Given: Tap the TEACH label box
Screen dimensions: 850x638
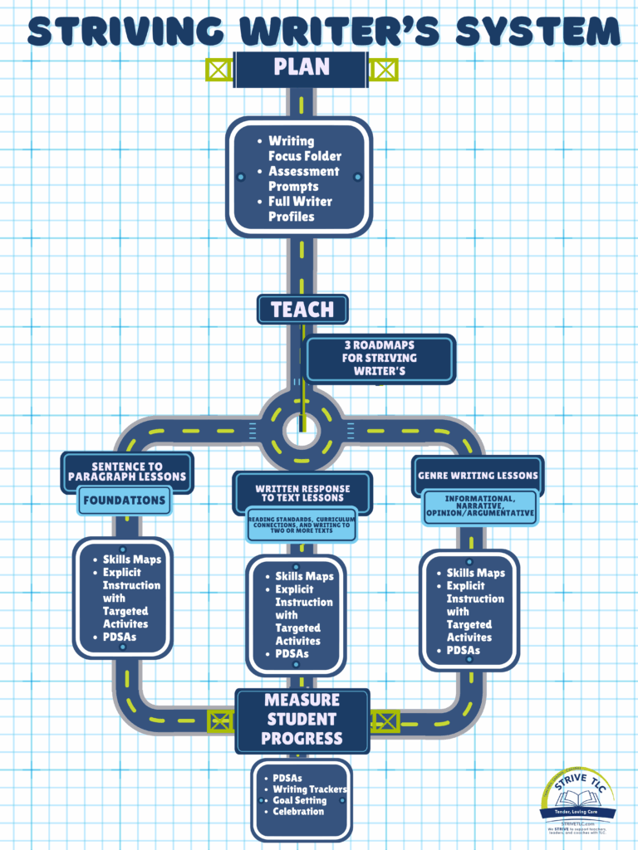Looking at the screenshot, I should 302,310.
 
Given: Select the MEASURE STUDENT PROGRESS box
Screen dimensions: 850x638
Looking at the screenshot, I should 302,720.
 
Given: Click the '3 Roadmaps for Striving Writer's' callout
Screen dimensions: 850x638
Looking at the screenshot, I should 380,359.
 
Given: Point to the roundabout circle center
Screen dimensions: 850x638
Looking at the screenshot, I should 301,430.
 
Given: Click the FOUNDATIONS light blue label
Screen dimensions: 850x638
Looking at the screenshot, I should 125,501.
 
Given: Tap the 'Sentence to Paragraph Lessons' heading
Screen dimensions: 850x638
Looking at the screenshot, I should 127,471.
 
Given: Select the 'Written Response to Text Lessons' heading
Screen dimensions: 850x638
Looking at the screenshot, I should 303,493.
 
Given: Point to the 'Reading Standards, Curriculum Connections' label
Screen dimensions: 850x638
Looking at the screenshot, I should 302,525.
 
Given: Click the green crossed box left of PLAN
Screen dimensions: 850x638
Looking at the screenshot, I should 219,69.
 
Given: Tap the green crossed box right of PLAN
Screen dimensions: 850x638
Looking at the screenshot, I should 383,69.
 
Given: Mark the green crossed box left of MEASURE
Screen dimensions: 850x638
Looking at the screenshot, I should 220,720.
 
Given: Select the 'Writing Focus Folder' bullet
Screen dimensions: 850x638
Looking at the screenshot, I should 304,148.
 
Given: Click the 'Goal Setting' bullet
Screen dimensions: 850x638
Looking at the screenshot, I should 299,800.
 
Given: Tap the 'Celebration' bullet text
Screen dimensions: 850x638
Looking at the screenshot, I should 298,811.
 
